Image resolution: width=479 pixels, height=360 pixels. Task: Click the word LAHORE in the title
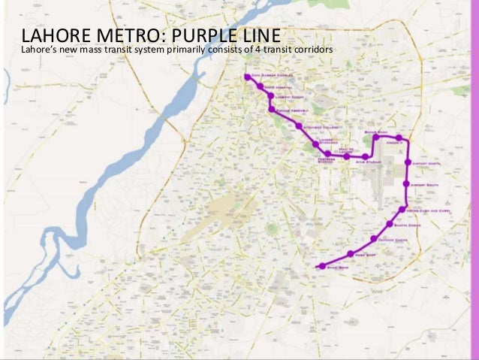(x=51, y=36)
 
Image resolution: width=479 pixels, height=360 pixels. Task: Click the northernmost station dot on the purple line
(x=247, y=77)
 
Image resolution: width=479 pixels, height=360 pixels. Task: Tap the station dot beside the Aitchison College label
(x=299, y=126)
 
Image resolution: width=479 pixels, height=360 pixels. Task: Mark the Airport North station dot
(x=408, y=162)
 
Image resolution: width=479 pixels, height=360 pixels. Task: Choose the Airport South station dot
(x=405, y=184)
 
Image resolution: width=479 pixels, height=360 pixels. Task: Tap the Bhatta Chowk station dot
(x=389, y=224)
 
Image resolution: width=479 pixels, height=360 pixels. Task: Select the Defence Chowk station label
(x=391, y=240)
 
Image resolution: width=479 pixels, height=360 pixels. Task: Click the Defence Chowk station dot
(x=374, y=239)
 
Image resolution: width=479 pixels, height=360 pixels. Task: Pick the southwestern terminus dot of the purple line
(x=322, y=266)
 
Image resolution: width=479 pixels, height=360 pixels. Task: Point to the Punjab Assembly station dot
(x=271, y=110)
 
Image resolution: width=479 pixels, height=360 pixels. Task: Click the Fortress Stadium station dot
(x=327, y=153)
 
